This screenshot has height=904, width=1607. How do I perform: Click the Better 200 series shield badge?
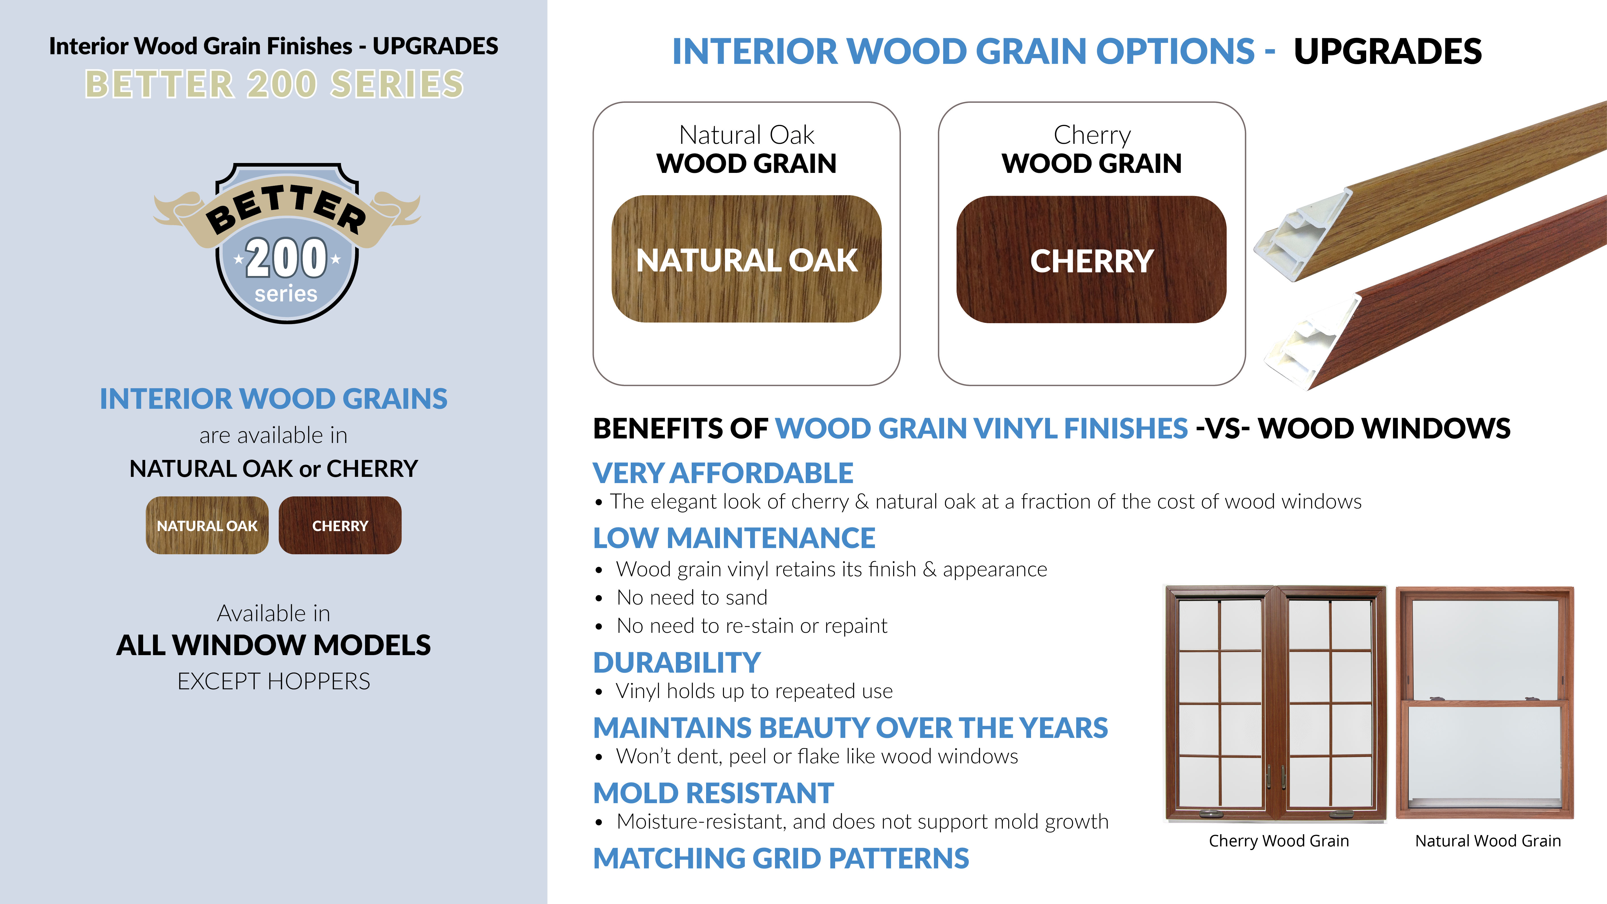[287, 244]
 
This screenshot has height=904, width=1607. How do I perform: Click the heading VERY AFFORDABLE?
[723, 473]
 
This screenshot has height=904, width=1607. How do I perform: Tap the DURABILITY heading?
[677, 662]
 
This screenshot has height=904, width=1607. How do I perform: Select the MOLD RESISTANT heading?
[714, 793]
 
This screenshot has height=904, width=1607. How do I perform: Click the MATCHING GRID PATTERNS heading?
[781, 859]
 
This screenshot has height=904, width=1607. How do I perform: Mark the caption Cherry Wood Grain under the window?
[1279, 841]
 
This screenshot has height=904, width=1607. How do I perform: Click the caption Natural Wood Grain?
[1488, 841]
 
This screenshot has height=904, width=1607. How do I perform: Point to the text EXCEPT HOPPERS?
[274, 681]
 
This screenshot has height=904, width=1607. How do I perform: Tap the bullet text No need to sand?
[692, 597]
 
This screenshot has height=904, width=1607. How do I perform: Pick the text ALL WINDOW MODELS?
[274, 645]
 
